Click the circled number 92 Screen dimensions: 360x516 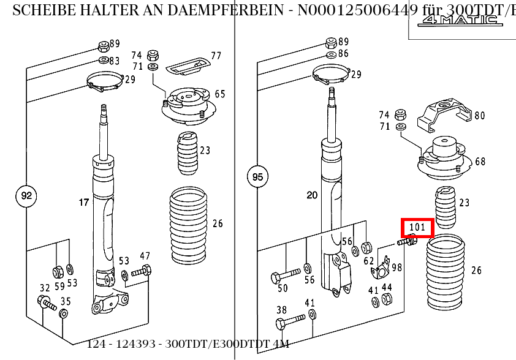[x=26, y=197]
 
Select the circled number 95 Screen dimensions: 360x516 [x=258, y=178]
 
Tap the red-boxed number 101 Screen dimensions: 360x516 [x=417, y=228]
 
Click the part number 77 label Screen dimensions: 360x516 [x=216, y=56]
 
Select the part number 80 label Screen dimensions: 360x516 [x=479, y=115]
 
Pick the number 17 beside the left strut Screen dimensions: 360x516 [x=83, y=201]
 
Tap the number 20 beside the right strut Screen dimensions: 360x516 [x=312, y=195]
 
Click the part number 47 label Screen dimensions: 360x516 [x=145, y=255]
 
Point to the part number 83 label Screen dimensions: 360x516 [x=115, y=61]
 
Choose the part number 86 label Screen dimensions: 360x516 [x=343, y=54]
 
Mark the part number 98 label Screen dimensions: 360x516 [x=397, y=268]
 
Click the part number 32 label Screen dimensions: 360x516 [x=45, y=288]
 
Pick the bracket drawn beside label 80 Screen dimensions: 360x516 [x=445, y=117]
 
